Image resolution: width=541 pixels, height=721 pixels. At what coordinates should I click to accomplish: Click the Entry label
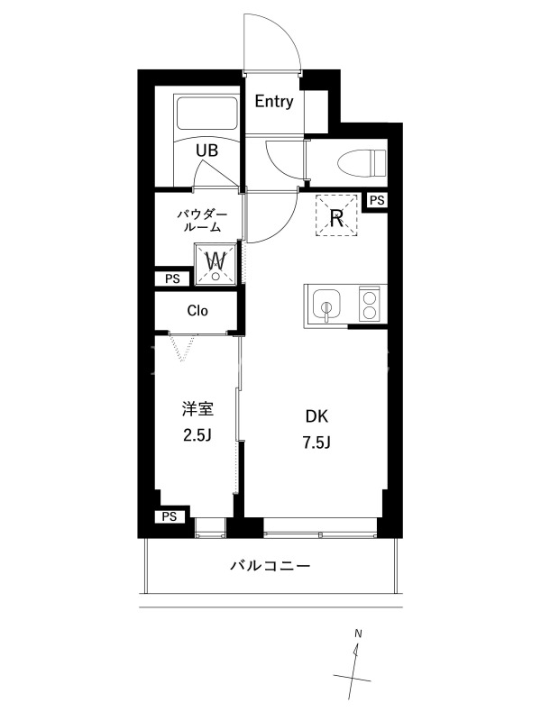274,102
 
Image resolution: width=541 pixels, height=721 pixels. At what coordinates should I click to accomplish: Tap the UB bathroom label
206,151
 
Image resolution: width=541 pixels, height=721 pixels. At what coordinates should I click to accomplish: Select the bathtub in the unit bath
206,113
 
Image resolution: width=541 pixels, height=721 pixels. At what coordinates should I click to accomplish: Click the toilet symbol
362,163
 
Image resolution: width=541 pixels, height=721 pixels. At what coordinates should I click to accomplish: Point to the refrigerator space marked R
336,215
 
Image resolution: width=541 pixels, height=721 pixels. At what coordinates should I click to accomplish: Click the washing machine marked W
215,263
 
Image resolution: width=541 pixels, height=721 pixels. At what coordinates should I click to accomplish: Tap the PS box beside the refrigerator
377,201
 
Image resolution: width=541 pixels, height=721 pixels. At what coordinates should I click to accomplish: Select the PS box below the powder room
172,278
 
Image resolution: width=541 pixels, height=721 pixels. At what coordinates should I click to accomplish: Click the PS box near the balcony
170,516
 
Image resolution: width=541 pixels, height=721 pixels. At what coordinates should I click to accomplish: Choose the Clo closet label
197,311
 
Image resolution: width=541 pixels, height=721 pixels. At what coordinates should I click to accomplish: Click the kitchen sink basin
326,306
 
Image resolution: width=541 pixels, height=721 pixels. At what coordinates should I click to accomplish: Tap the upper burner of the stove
368,297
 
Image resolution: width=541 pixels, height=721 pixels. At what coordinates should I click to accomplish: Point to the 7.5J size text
317,443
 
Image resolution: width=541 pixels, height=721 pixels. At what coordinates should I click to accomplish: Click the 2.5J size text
197,435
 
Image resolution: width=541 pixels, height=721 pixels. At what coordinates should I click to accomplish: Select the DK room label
317,416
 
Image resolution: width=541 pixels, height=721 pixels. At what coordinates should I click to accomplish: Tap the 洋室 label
197,409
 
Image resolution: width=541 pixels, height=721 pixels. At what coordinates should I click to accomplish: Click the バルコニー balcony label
270,565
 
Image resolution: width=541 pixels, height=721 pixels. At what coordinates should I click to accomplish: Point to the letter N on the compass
358,634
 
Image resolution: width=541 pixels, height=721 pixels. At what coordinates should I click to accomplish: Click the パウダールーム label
203,220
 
